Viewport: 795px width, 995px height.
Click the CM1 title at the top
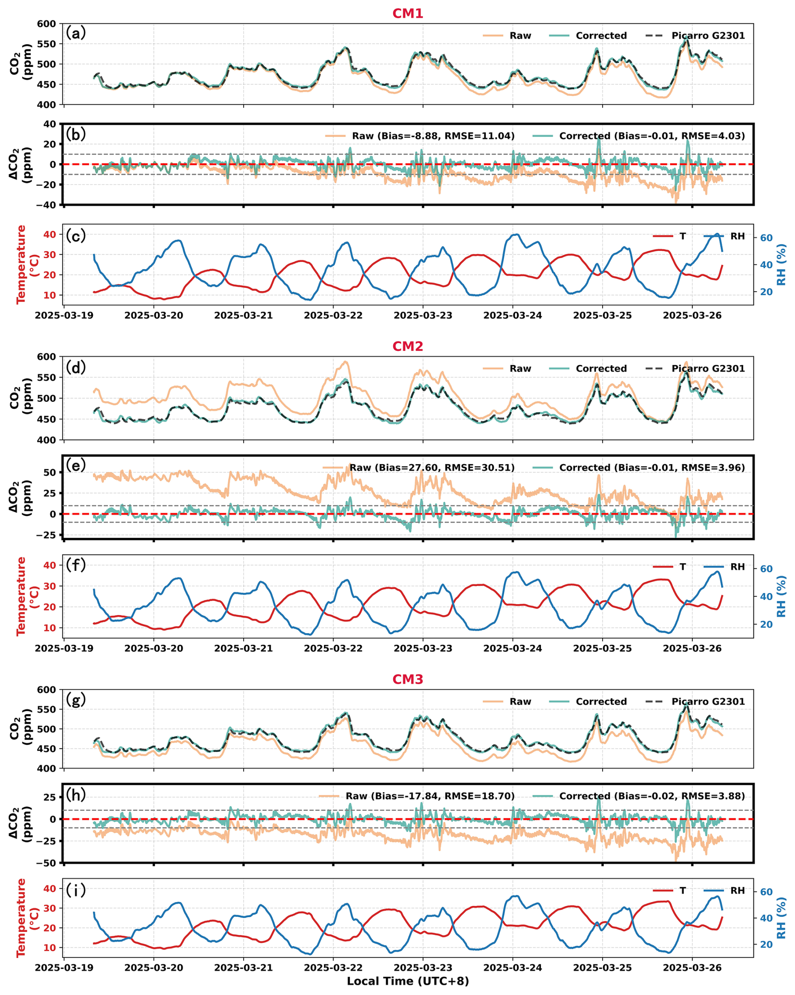(408, 13)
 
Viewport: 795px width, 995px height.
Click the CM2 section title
(408, 346)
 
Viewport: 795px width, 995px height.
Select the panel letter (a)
(76, 33)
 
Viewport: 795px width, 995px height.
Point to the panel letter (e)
(76, 465)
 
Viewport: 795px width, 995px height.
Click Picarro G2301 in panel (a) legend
(708, 36)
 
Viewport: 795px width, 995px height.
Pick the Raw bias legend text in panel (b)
(433, 136)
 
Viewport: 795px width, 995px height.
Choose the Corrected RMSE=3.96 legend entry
(651, 467)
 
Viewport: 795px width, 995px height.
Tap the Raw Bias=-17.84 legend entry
(429, 796)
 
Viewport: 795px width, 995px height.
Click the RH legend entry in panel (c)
(737, 236)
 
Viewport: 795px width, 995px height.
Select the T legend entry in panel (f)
(682, 567)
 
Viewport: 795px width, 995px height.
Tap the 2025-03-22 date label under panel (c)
(333, 316)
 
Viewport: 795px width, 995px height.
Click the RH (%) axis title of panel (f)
(781, 596)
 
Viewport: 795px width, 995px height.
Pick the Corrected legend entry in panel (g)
(601, 702)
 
